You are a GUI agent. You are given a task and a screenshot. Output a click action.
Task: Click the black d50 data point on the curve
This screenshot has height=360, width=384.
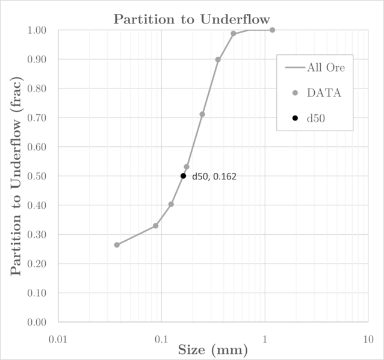[x=183, y=176]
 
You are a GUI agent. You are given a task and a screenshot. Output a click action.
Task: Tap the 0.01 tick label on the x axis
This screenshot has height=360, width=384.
[x=58, y=339]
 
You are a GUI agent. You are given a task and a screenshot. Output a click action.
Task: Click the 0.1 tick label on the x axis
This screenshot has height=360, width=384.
[x=161, y=339]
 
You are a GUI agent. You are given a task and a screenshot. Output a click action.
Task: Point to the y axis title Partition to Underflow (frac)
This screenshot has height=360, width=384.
[x=16, y=176]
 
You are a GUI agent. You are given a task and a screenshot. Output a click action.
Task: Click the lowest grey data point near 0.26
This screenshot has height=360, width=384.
[x=117, y=245]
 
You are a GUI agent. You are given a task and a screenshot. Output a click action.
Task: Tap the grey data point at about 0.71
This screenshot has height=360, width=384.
[x=202, y=114]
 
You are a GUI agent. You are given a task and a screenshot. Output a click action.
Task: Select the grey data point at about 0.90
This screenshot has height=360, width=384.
[x=218, y=60]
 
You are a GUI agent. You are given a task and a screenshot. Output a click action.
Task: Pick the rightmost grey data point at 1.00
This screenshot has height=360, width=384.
[x=272, y=29]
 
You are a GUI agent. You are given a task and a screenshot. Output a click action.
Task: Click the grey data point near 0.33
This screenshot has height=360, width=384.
[x=155, y=226]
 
